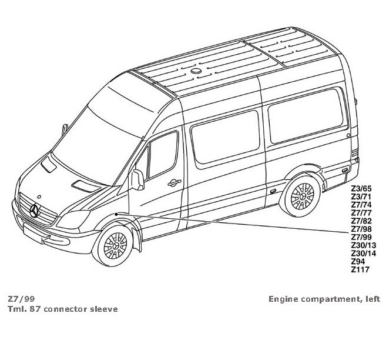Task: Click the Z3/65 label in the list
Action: point(361,189)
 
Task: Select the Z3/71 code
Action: point(361,196)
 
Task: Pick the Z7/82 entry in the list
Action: point(361,221)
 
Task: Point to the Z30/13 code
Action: point(363,245)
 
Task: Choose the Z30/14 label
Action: point(363,253)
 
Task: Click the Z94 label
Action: point(358,261)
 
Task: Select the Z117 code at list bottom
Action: point(360,269)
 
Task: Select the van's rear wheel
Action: point(301,195)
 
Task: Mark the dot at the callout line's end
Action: point(117,213)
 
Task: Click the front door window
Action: point(163,154)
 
